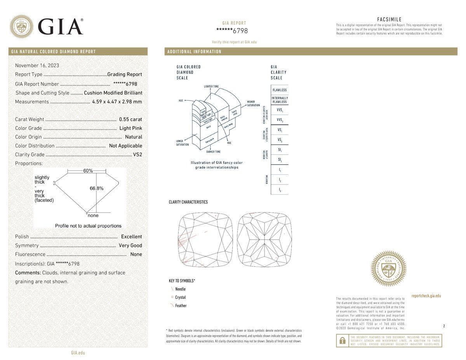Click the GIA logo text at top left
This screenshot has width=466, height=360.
(61, 26)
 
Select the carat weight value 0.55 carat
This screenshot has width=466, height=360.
(130, 120)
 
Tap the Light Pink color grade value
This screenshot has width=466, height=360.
(130, 128)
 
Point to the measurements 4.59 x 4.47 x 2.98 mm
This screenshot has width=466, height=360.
(117, 102)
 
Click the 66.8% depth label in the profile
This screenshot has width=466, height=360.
(97, 188)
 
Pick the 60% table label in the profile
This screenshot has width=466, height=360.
(88, 171)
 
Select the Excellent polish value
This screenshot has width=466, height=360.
(131, 237)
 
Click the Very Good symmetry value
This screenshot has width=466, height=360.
(130, 245)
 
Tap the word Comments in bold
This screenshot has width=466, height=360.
(28, 273)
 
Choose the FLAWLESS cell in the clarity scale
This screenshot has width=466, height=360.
(280, 90)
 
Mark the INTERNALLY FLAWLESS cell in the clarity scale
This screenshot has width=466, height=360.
(280, 100)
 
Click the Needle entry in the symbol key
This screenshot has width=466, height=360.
(180, 289)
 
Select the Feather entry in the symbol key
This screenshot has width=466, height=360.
(181, 306)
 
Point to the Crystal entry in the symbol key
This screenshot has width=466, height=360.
(180, 297)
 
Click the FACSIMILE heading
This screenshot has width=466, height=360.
(389, 19)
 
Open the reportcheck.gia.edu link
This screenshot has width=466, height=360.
(426, 296)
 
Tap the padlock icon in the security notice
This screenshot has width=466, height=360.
(343, 341)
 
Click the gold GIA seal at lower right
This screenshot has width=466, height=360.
(389, 268)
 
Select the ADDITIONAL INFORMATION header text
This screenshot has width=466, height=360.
(194, 52)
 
